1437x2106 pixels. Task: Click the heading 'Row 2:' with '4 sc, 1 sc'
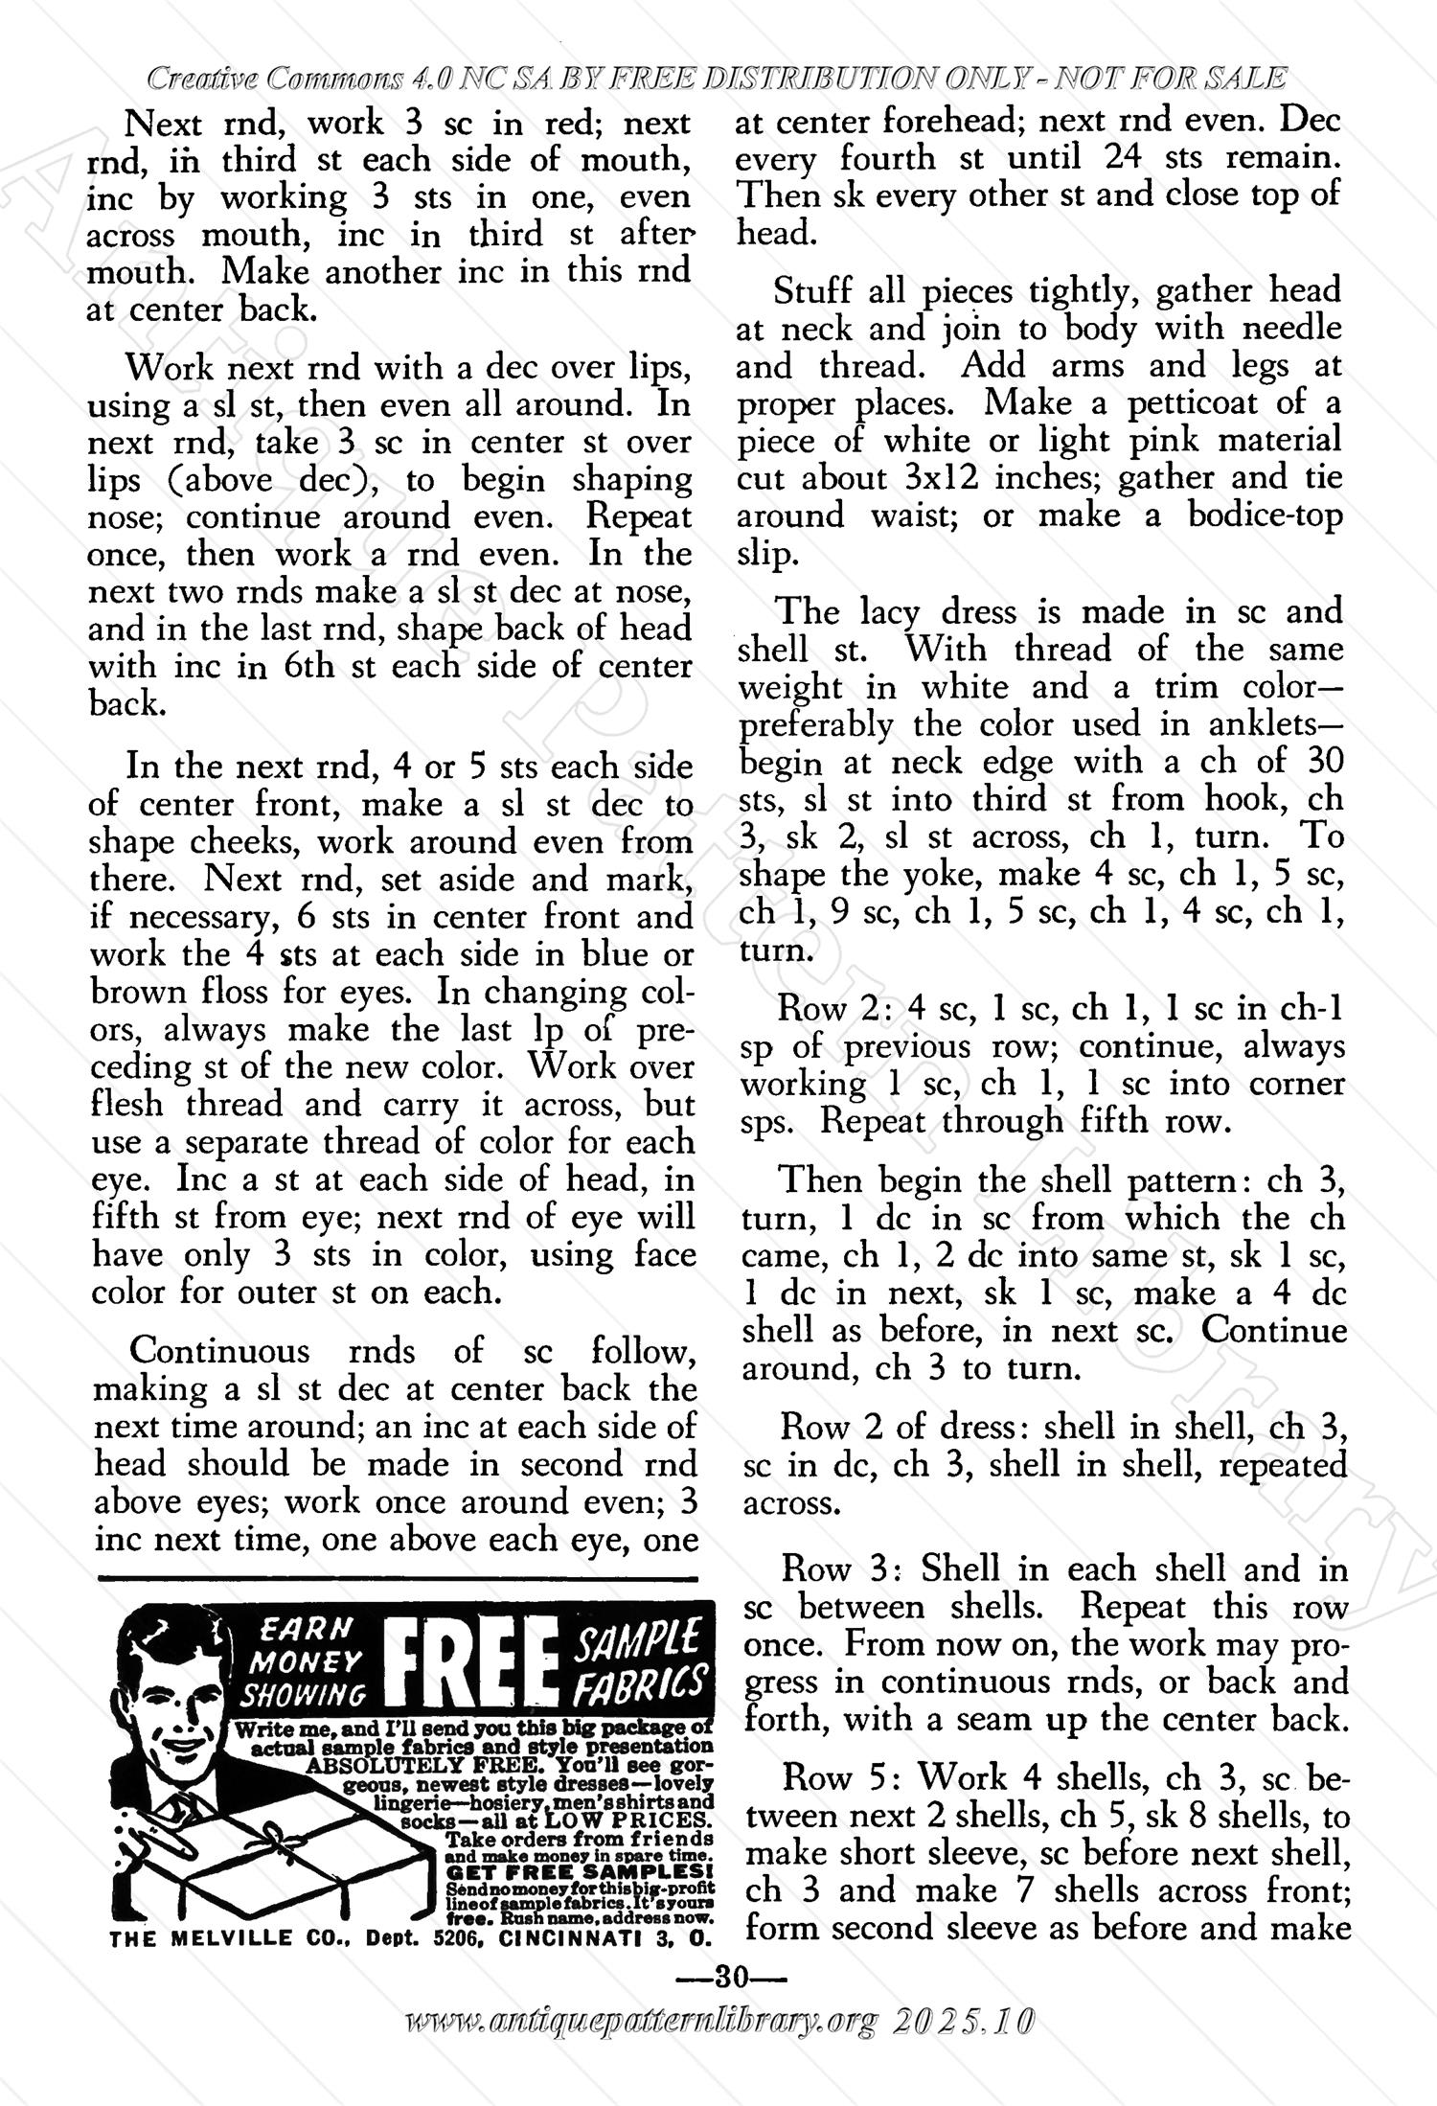(823, 1009)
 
